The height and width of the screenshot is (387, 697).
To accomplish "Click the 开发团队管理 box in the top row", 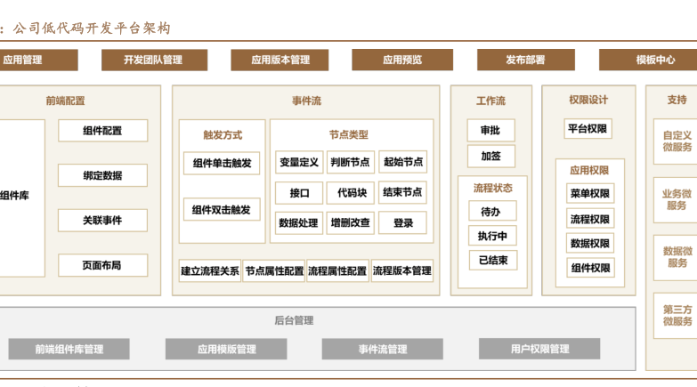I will pos(153,60).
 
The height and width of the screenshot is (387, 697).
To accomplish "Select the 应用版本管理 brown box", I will pos(280,60).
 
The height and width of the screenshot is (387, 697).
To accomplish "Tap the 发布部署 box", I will pos(525,60).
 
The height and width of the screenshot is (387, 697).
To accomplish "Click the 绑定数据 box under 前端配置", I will pos(102,175).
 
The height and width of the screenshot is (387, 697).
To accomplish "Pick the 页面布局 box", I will pos(102,265).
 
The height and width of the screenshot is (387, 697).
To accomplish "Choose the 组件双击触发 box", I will pos(222,210).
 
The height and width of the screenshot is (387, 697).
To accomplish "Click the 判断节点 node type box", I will pos(349,162).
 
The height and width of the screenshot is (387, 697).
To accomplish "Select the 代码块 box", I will pos(349,192).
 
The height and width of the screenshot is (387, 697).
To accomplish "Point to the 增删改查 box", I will pos(349,223).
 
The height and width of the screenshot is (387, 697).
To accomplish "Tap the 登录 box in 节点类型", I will pos(402,223).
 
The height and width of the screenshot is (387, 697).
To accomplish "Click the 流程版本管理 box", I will pos(401,271).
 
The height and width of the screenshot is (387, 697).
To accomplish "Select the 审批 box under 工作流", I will pos(490,131).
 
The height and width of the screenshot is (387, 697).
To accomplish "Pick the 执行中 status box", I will pos(492,236).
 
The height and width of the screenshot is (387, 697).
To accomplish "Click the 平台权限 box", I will pos(588,129).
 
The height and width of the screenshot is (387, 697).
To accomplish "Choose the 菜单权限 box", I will pos(589,194).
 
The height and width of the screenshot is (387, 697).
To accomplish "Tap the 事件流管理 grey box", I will pos(383,350).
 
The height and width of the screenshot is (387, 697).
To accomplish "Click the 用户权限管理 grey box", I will pos(539,350).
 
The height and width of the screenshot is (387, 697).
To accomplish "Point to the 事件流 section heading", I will pos(306,101).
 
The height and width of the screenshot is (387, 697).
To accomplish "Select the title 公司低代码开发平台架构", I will pos(92,28).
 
